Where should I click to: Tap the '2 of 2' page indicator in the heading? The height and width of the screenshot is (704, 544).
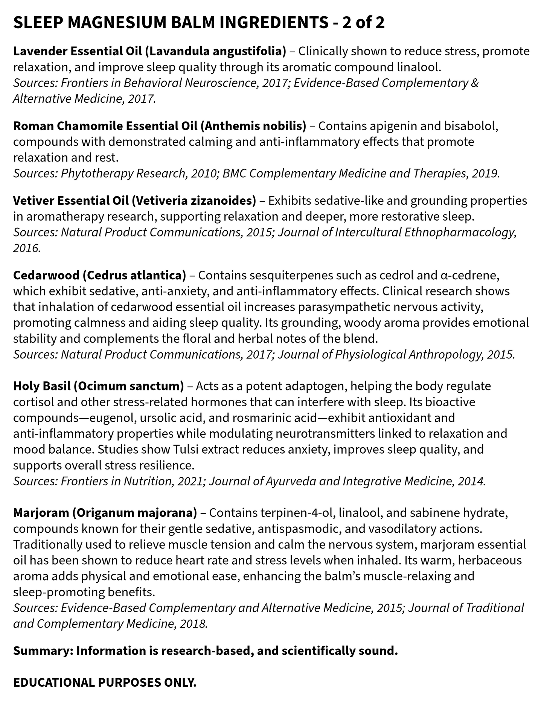[363, 23]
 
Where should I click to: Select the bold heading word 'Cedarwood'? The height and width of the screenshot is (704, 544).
[45, 275]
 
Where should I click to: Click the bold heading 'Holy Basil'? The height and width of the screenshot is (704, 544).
[41, 386]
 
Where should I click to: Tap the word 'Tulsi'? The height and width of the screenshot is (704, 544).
[189, 449]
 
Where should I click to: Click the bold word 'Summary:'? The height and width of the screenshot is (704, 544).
[43, 651]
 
